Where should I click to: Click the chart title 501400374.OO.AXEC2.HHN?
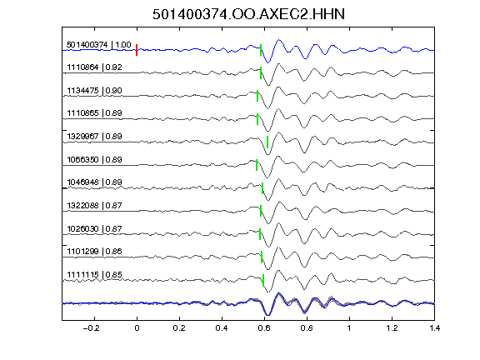click(248, 14)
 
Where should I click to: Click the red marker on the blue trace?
click(137, 50)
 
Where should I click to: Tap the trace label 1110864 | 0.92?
click(95, 67)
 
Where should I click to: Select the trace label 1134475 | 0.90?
click(95, 91)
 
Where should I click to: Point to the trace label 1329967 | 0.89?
click(95, 136)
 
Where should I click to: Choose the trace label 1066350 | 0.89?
click(95, 159)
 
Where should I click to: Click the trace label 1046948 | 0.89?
click(95, 182)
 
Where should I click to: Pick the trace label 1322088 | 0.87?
click(95, 205)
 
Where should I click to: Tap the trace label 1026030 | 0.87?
click(95, 228)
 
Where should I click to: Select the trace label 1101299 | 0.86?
click(95, 252)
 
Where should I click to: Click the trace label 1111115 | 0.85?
click(95, 275)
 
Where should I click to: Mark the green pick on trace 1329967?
click(267, 142)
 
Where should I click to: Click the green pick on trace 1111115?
click(263, 280)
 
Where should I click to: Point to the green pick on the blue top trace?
click(261, 50)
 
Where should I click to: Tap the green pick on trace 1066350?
click(257, 165)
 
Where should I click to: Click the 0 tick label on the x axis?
click(137, 328)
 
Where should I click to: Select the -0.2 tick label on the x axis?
click(91, 328)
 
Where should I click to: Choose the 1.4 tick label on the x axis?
click(435, 328)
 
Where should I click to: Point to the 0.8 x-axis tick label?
click(307, 328)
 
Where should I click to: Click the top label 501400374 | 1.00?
click(99, 45)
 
